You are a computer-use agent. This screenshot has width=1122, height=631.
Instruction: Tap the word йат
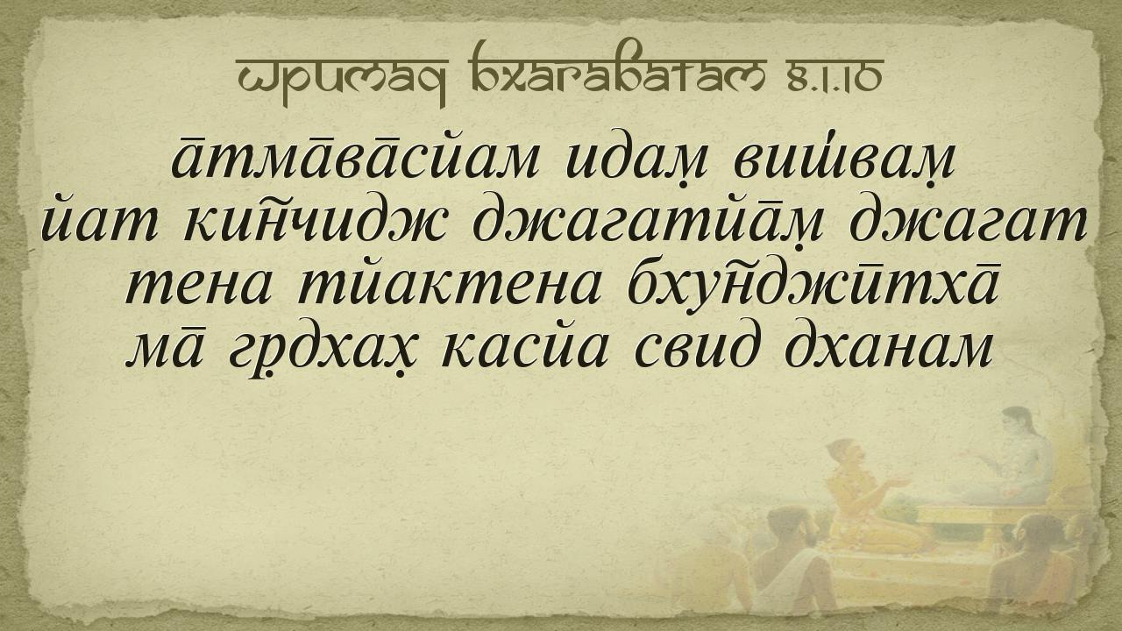point(99,223)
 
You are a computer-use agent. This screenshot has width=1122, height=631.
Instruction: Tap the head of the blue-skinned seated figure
point(1017,422)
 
